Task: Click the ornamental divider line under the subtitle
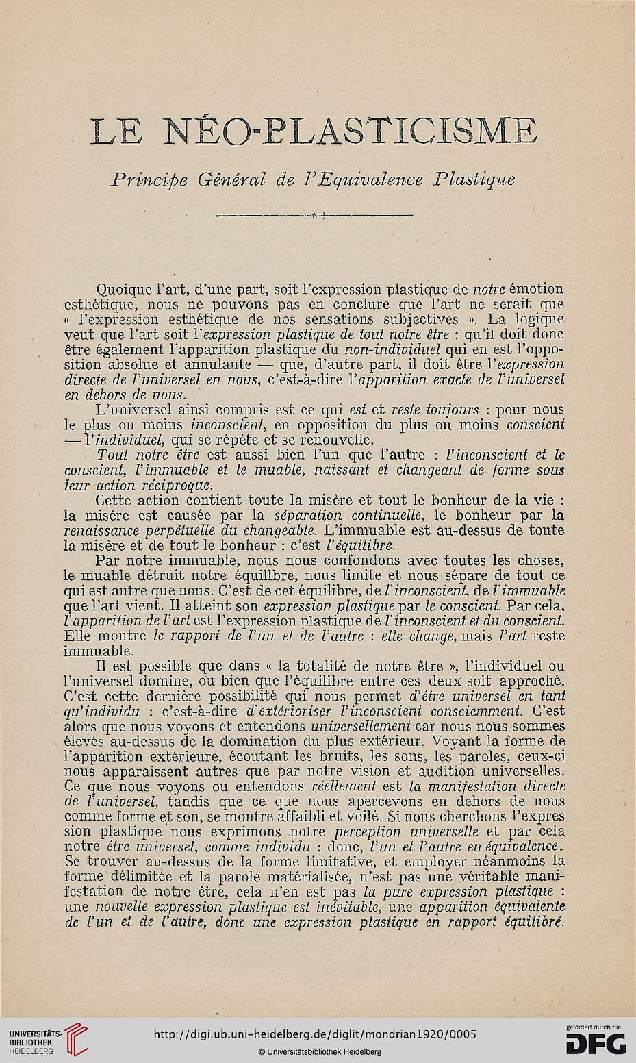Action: [318, 217]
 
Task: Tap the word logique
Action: [537, 320]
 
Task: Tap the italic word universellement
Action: [360, 725]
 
